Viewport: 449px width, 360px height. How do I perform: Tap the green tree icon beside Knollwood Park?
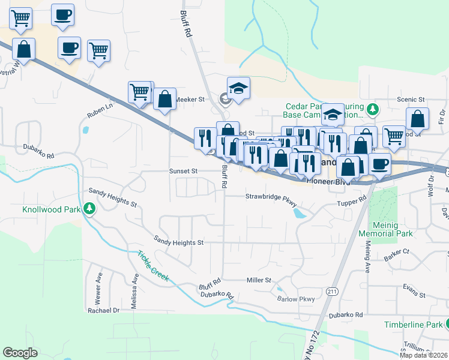pos(89,208)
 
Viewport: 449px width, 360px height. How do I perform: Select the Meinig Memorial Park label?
pos(393,229)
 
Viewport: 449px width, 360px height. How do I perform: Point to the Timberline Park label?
pos(412,325)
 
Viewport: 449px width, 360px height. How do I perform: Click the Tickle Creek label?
pos(152,266)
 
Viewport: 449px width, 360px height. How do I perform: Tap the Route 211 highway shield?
pos(334,291)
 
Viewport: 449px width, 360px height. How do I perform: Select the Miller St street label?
pos(259,280)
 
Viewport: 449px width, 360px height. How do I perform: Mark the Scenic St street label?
pos(411,99)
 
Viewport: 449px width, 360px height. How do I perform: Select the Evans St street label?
pos(414,295)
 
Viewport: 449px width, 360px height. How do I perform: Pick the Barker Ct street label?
pos(397,252)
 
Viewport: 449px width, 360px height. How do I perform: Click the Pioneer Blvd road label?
pos(328,180)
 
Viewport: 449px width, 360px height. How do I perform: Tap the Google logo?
pos(20,353)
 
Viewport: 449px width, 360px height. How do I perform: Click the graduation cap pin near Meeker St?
pos(238,89)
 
